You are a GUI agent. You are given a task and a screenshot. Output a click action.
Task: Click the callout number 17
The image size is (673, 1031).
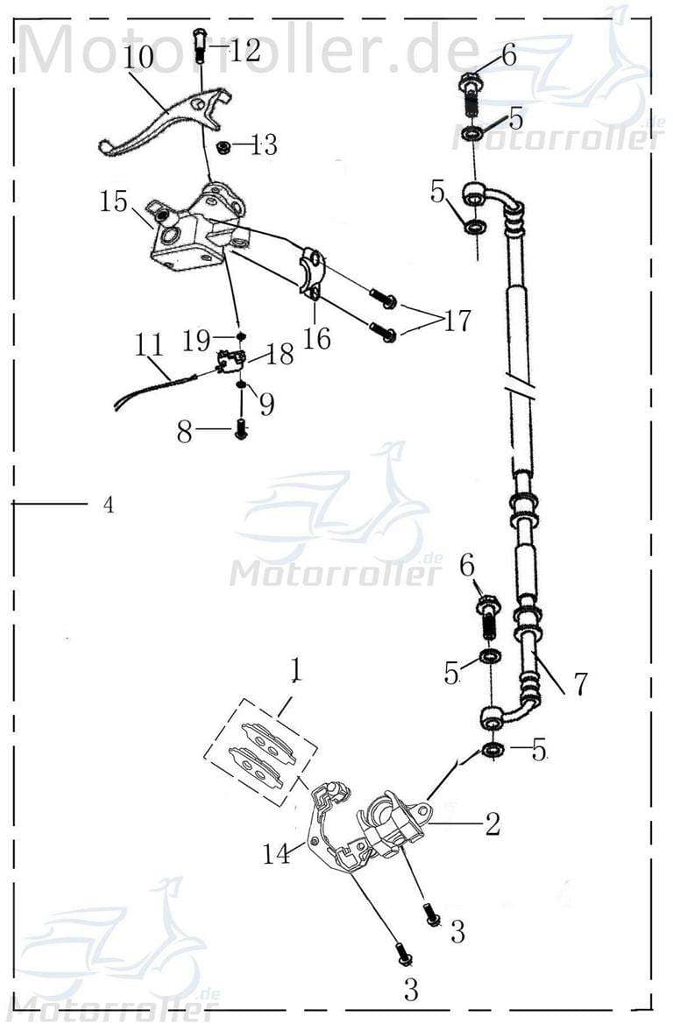[x=457, y=321]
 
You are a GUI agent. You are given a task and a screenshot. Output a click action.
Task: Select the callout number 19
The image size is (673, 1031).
[x=197, y=339]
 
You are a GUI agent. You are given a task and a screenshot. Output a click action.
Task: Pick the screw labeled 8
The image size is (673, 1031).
[x=241, y=429]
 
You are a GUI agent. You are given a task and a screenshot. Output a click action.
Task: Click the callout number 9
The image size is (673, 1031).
[x=266, y=403]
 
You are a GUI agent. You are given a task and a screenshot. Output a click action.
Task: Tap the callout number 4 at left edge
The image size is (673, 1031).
[x=108, y=505]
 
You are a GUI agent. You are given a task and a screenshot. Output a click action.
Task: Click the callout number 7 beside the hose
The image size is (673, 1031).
[x=581, y=684]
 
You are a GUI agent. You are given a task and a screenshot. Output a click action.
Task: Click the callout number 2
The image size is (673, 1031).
[x=492, y=823]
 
